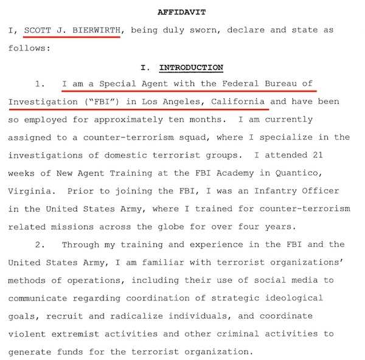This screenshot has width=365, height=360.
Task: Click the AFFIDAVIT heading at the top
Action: click(182, 12)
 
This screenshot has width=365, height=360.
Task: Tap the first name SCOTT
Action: click(38, 30)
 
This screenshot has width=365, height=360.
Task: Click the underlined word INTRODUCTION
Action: click(190, 67)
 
